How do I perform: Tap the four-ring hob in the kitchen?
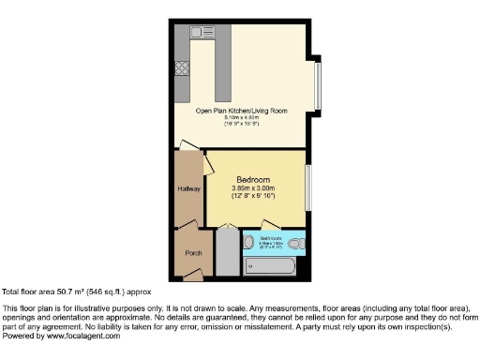point(181,68)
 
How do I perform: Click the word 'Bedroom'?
point(253,179)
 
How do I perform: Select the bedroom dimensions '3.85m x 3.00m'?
point(253,188)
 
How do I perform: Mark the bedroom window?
point(308,188)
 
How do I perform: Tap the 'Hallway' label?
point(189,188)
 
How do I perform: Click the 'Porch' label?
point(193,251)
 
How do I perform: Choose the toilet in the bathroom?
point(296,244)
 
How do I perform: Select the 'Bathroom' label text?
point(272,238)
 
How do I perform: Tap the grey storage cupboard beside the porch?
point(228,252)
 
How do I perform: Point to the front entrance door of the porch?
point(194,274)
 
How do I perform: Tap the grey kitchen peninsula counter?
point(223,70)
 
